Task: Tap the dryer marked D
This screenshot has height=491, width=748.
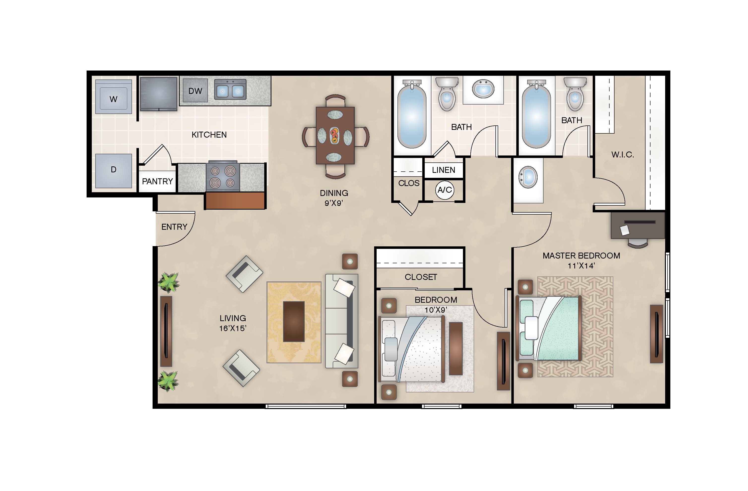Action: point(113,170)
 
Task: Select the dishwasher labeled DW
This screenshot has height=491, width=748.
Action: point(195,91)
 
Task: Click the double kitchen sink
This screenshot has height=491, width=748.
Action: point(230,90)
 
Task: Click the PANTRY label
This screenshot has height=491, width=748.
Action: point(157,182)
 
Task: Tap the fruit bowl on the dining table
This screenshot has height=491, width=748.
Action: point(335,136)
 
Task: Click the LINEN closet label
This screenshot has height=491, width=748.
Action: point(443,170)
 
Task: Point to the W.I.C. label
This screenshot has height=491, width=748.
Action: point(622,155)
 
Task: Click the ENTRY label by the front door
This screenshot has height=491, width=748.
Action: point(174,227)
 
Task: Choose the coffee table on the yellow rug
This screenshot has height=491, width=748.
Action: point(293,321)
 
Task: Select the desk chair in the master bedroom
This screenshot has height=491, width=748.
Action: point(638,243)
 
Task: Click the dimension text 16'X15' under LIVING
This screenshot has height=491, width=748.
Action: point(232,328)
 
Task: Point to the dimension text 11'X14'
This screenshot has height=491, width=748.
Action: point(581,266)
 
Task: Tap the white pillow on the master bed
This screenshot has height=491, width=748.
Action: point(531,328)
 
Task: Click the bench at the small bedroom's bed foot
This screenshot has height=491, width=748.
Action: point(456,348)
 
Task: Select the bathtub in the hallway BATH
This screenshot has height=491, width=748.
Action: point(412,116)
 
